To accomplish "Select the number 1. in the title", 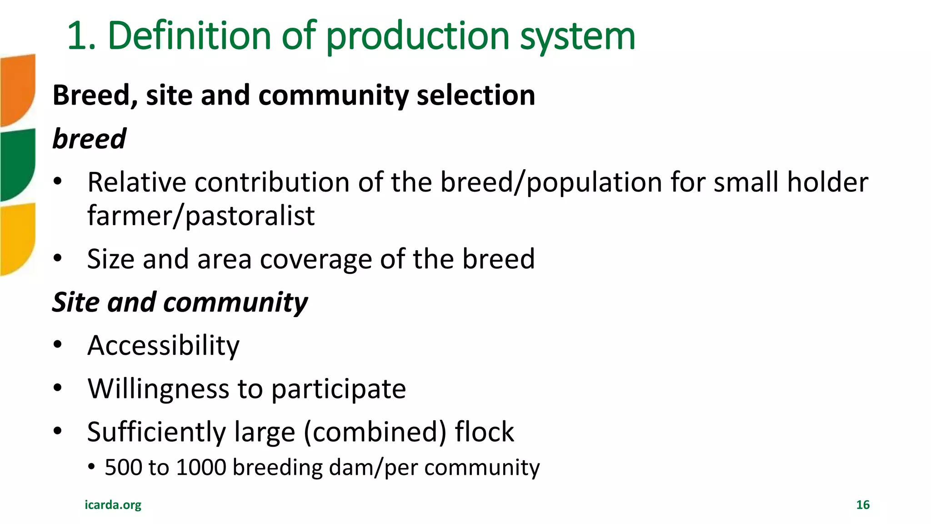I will click(81, 36).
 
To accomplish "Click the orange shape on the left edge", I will click(17, 89).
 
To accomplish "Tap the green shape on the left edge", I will click(17, 164).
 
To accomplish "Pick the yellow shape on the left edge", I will click(17, 239).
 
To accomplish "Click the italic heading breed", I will click(89, 138).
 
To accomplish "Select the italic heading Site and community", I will click(180, 302).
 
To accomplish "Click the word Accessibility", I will click(163, 346).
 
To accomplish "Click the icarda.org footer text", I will click(113, 504).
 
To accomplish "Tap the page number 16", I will click(862, 504).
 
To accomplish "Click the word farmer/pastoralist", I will click(200, 216).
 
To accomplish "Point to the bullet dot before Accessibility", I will click(57, 344).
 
